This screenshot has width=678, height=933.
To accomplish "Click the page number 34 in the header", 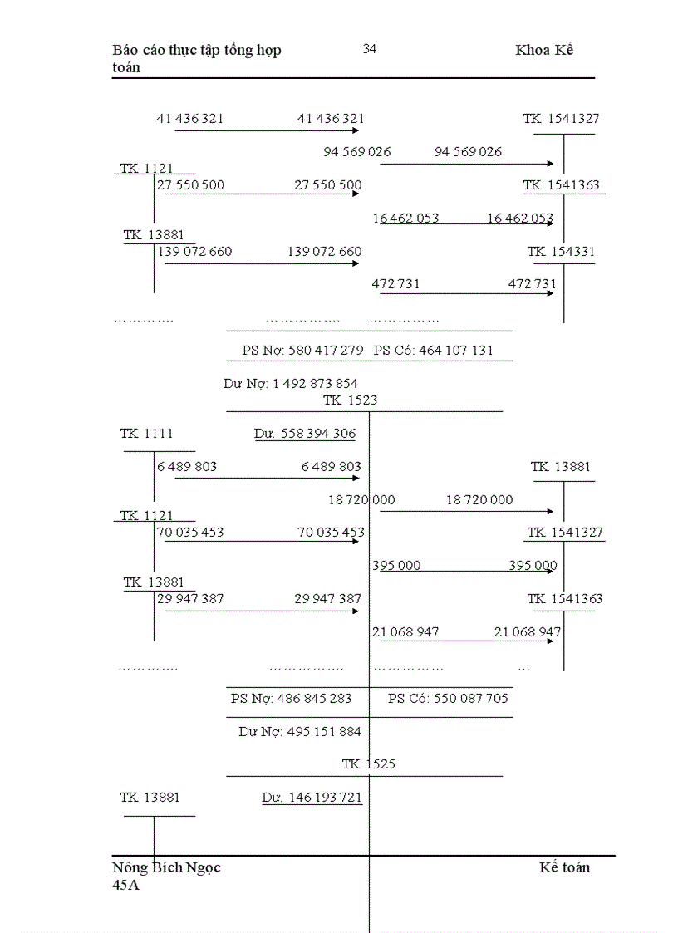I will coord(370,49).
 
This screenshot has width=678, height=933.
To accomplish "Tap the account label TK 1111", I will coord(146,433).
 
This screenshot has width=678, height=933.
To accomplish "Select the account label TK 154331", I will coord(561,251).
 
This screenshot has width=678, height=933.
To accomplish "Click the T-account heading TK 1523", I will coord(350,400).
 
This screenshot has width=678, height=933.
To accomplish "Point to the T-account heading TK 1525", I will coord(368,764).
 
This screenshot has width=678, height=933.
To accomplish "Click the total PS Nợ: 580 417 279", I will coord(302,350).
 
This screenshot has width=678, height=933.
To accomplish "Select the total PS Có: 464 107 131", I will coord(433,350).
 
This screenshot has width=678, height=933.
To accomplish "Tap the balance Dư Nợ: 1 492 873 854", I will coord(291,383).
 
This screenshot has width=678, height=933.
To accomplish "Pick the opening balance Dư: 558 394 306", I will coord(305,434).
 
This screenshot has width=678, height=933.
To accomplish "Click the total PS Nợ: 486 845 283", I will coord(291,698).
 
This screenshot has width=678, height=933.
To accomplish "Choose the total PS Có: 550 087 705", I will coord(448,698).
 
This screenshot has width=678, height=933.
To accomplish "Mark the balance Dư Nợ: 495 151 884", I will coord(300,731).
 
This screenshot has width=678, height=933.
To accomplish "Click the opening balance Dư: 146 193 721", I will coord(312,797).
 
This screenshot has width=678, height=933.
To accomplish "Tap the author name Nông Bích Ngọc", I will coord(166,867).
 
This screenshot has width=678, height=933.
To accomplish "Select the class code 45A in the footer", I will coord(126,885).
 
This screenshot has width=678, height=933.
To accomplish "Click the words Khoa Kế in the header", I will coord(544,50).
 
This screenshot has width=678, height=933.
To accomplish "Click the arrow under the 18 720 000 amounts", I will coord(467,511).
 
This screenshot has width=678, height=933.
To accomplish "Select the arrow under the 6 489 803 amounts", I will coord(262,478).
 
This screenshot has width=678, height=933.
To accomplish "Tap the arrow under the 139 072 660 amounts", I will coord(262,263).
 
